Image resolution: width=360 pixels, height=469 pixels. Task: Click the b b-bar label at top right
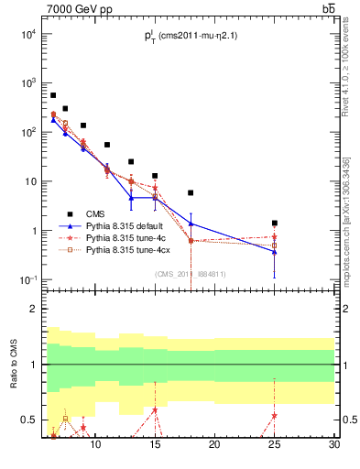[328, 9]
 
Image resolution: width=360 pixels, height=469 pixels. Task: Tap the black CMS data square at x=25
[274, 223]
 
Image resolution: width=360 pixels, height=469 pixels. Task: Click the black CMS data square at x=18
[191, 193]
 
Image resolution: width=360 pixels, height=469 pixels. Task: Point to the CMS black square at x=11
[107, 145]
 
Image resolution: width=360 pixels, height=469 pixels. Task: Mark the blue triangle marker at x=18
[191, 224]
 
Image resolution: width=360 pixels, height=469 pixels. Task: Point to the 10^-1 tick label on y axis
[27, 279]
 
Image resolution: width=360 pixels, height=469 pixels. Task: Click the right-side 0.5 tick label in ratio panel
[349, 420]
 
